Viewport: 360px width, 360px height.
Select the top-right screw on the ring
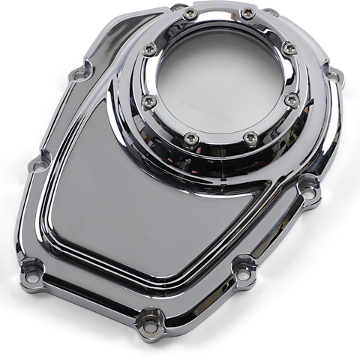pyautogui.click(x=248, y=14)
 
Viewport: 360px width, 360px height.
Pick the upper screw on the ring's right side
pyautogui.click(x=289, y=49)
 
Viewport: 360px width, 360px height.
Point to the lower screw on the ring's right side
pyautogui.click(x=292, y=100)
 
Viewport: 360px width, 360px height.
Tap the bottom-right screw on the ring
pyautogui.click(x=251, y=139)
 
